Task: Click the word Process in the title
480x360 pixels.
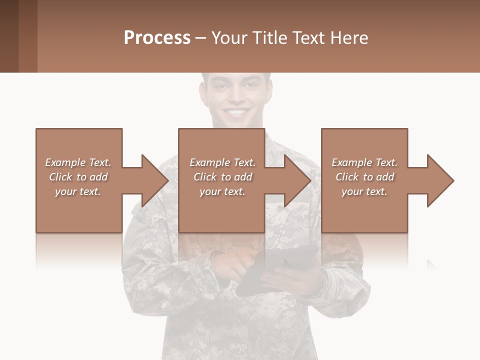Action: [x=157, y=38]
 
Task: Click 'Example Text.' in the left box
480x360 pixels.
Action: [x=78, y=162]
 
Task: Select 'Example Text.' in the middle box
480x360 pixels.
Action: [x=222, y=162]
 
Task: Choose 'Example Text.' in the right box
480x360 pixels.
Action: [x=364, y=162]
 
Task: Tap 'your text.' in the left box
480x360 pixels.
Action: [x=78, y=191]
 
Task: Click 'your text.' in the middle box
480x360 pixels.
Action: [x=222, y=191]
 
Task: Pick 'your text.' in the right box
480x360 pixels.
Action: [x=364, y=191]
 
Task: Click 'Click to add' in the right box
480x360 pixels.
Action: [x=364, y=177]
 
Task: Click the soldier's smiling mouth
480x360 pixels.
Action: [x=236, y=112]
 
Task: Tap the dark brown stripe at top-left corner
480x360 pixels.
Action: [x=9, y=36]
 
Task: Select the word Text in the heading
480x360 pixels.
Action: [x=308, y=38]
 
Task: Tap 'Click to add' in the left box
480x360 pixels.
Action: [x=78, y=177]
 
